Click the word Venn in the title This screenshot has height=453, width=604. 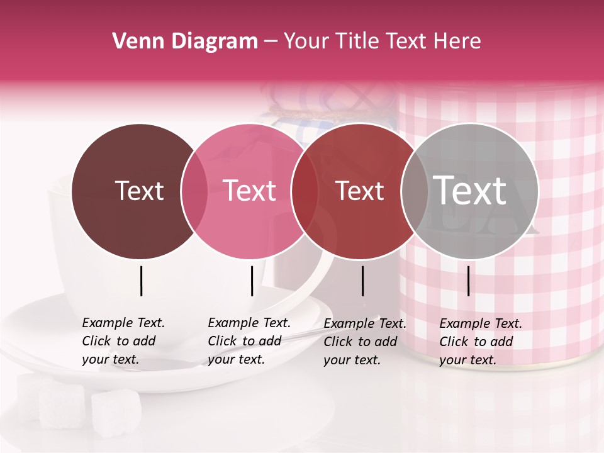point(133,41)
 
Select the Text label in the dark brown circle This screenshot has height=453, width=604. point(139,191)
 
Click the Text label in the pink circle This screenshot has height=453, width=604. point(249,191)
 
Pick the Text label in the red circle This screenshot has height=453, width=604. point(359,191)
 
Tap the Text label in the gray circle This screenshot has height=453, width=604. point(470,191)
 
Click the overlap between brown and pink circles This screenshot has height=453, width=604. point(194,191)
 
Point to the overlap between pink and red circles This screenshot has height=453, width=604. point(305,191)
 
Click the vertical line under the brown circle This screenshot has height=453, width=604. point(141,281)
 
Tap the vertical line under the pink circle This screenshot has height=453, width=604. point(252,281)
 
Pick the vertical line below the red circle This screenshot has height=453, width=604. point(362,281)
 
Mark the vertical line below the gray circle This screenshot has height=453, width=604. point(468,281)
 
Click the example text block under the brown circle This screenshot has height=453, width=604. point(123,341)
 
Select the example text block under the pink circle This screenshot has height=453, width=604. point(249,341)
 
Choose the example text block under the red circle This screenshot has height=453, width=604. point(365,342)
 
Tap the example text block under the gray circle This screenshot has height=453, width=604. point(481,342)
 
